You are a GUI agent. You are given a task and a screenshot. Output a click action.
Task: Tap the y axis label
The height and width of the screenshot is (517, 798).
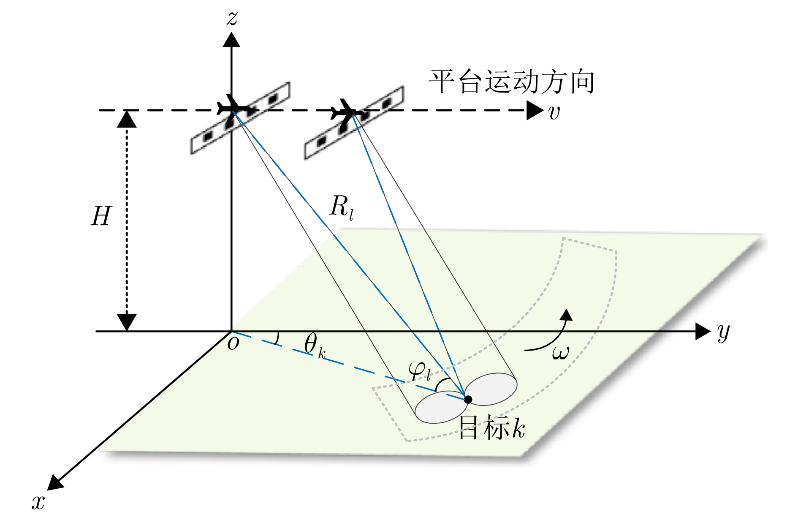tap(723, 332)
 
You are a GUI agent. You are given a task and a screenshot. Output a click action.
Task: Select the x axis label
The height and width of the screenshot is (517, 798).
tap(38, 502)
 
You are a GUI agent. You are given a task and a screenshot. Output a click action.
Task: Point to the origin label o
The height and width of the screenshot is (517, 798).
tap(233, 343)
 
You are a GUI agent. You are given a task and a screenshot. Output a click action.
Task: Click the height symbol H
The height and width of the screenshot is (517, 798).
tap(101, 217)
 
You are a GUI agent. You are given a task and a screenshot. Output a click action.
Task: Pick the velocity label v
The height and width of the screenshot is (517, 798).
tap(554, 112)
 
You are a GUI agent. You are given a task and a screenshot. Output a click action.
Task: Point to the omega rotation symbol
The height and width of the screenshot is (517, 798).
tap(560, 352)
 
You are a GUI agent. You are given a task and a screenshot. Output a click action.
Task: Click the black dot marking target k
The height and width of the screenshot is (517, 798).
tap(468, 399)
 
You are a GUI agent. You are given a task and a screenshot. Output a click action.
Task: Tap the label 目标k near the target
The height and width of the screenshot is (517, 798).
tap(491, 428)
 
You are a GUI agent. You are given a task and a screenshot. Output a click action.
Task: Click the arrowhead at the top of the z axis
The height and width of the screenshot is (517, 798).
tap(231, 40)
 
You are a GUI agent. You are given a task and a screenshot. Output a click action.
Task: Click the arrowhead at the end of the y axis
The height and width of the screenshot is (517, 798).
tap(703, 331)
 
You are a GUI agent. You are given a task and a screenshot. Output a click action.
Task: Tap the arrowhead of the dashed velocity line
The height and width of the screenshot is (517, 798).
tap(535, 111)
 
